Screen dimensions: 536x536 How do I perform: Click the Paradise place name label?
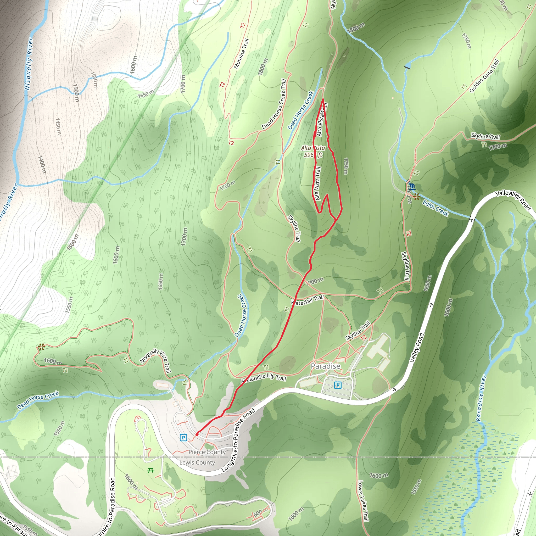[x=325, y=366]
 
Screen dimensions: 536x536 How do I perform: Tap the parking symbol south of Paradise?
[x=337, y=385]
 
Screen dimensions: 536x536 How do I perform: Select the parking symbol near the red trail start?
[x=183, y=438]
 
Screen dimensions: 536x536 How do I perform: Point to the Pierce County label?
[x=207, y=452]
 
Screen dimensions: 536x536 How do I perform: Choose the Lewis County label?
[x=197, y=462]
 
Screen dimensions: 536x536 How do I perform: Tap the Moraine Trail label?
[x=241, y=54]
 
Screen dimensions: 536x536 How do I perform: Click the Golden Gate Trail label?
[x=484, y=76]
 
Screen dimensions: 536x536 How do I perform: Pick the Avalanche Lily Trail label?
[x=263, y=378]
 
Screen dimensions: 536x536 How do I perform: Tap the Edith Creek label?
[x=435, y=208]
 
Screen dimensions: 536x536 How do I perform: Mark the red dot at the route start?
[x=197, y=434]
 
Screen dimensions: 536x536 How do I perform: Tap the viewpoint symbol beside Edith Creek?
[x=416, y=197]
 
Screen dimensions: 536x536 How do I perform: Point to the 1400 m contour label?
[x=42, y=164]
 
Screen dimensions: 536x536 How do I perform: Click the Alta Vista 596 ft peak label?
[x=313, y=152]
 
